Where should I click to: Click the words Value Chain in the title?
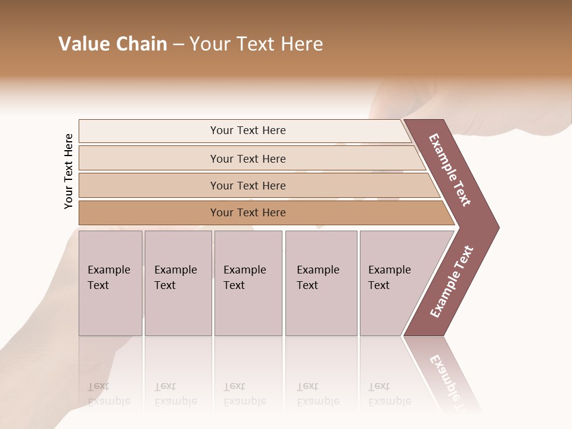[x=113, y=44]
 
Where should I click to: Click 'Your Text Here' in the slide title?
[x=256, y=44]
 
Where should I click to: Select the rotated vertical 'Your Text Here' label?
[x=69, y=171]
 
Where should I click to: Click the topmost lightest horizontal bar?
[x=247, y=130]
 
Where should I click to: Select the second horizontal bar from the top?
[x=247, y=158]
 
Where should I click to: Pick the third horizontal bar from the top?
[x=247, y=185]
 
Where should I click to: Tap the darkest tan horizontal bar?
[x=247, y=213]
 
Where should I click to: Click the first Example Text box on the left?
[x=110, y=283]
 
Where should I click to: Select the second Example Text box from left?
[x=178, y=283]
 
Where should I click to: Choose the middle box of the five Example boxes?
[x=248, y=283]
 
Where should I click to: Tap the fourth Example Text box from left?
[x=321, y=283]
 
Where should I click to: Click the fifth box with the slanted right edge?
[x=393, y=283]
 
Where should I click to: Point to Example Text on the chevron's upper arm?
[x=450, y=170]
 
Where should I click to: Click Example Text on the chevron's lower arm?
[x=452, y=281]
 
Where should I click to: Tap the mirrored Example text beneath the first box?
[x=108, y=394]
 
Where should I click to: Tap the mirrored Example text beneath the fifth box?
[x=389, y=394]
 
